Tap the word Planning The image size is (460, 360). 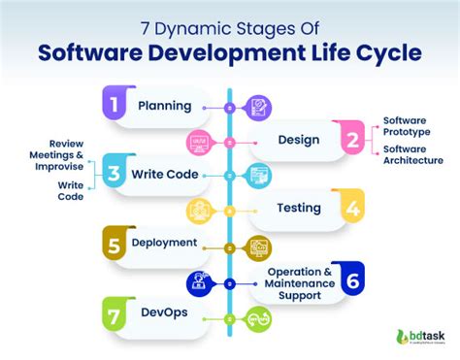click(x=164, y=106)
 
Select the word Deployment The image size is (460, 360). click(x=165, y=244)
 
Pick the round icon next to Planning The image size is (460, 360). click(x=259, y=106)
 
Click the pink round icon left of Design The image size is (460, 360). click(x=200, y=142)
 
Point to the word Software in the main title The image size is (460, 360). click(x=100, y=49)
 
